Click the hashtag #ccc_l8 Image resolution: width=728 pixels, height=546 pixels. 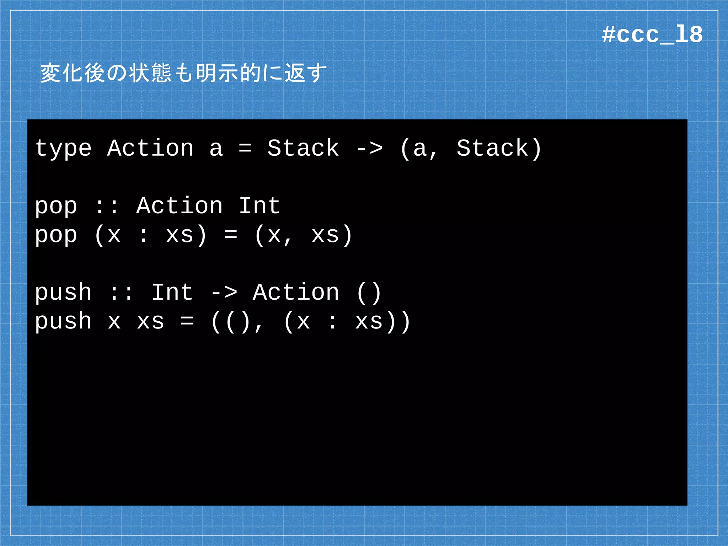tap(652, 35)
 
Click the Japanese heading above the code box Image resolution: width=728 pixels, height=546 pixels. tap(183, 73)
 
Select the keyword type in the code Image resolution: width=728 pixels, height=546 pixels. tap(63, 149)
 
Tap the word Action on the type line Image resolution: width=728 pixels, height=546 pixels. tap(150, 148)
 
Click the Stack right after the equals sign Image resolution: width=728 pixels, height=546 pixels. tap(303, 148)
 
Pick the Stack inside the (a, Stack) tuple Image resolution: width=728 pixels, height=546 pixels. tap(493, 148)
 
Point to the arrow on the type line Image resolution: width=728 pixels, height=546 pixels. tap(370, 149)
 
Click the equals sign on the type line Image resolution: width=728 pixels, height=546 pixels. tap(245, 149)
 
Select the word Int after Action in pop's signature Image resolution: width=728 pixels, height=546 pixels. tap(259, 206)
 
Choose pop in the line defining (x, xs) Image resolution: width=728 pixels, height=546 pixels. tap(56, 236)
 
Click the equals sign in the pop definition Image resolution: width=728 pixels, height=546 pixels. tap(231, 235)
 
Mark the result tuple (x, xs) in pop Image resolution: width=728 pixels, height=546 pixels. tap(303, 235)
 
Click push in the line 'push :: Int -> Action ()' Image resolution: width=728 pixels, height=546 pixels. tap(63, 293)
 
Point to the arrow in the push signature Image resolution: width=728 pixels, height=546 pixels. tap(224, 293)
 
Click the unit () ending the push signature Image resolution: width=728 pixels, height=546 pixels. tap(369, 293)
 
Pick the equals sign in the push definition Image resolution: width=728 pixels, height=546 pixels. tap(187, 321)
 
